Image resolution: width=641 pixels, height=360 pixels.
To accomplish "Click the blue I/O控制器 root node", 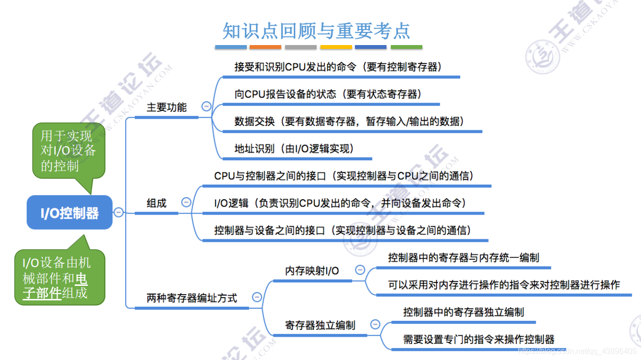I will [x=69, y=213].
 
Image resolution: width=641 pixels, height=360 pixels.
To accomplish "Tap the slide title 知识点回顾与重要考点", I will [x=316, y=31].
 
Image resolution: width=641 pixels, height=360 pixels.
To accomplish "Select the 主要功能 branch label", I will [x=166, y=107].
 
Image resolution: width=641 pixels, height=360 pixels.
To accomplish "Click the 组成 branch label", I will [x=157, y=203].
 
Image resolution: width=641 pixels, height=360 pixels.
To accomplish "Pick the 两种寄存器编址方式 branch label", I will [x=192, y=298].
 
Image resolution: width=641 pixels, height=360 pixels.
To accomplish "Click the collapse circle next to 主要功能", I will [x=207, y=107].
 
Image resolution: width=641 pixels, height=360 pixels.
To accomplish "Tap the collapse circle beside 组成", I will [x=186, y=203].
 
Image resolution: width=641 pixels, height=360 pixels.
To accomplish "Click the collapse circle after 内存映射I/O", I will [x=360, y=270].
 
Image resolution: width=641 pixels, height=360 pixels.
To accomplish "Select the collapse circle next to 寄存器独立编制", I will [x=375, y=325].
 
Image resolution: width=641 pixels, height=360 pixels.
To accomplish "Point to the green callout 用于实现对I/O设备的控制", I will [x=68, y=151].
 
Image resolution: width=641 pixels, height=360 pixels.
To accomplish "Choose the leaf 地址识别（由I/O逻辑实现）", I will [x=294, y=149].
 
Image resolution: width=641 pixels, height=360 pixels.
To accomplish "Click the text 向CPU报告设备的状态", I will [x=285, y=94].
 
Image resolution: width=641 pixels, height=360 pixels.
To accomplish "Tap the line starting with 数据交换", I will [x=349, y=122].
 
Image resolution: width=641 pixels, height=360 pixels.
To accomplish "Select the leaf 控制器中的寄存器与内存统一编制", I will [x=464, y=257].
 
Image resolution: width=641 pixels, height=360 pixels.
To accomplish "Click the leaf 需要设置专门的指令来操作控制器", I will [x=479, y=339].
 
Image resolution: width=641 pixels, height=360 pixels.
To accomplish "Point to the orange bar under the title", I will [x=265, y=47].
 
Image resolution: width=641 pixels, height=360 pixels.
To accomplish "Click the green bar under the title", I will [x=406, y=47].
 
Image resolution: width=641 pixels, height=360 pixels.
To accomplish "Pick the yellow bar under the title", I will [x=336, y=47].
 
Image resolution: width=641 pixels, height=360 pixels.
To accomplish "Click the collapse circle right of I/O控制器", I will [x=118, y=212].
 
